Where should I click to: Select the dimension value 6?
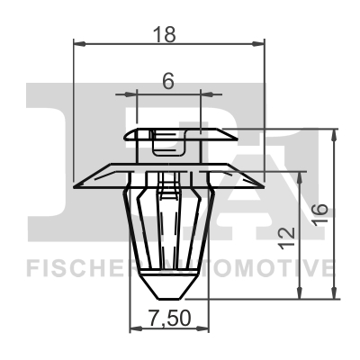[168, 81]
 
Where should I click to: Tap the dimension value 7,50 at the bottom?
[170, 319]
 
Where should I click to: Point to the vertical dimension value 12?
[286, 238]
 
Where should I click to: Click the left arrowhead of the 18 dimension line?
[79, 44]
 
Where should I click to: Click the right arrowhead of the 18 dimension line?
[258, 44]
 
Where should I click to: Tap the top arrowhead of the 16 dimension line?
[333, 135]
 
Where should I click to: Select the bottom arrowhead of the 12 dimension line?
[299, 292]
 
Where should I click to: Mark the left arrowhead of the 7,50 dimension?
[136, 328]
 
